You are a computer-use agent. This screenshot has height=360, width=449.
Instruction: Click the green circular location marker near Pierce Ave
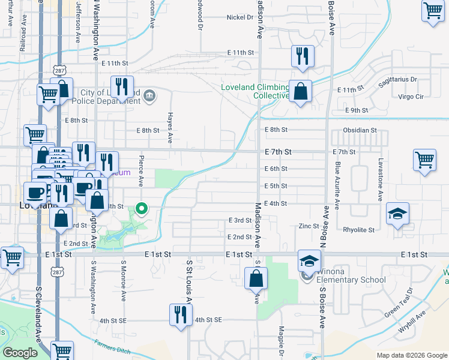[142, 209]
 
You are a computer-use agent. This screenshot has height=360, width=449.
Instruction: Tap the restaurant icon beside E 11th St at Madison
[302, 56]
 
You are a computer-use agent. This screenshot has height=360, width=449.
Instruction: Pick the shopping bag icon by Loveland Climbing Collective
[301, 92]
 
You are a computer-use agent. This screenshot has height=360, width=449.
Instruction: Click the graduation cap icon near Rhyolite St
[397, 214]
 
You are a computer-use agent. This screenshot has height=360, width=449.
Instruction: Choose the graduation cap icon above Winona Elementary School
[309, 260]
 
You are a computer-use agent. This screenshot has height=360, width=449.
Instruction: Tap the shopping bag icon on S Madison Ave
[256, 278]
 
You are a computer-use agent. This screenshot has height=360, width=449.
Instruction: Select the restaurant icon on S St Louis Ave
[179, 313]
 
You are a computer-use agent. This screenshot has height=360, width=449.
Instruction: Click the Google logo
[20, 353]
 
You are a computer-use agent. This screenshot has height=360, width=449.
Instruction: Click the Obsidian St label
[360, 130]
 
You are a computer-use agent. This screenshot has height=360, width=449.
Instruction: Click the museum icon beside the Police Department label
[149, 95]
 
